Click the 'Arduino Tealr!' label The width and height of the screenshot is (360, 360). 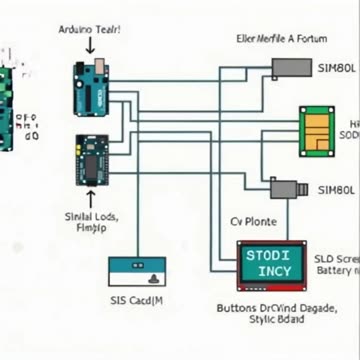90,31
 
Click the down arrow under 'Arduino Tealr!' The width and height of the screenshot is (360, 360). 90,47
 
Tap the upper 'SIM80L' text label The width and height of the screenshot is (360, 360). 335,70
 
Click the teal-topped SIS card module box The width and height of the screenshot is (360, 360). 135,272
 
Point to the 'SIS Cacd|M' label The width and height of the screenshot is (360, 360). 137,299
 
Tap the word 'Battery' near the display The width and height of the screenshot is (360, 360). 333,270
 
